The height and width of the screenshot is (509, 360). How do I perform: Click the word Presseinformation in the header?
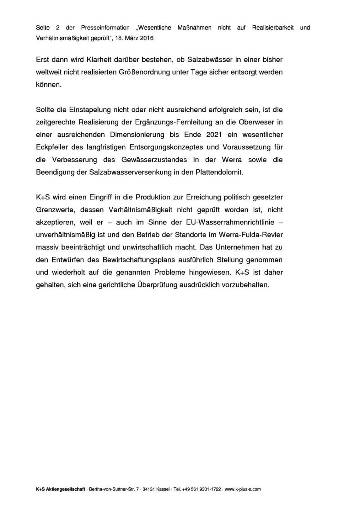(105, 28)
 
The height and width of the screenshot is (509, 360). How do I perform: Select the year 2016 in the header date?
(147, 38)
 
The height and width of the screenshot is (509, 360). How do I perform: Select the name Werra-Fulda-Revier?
(251, 235)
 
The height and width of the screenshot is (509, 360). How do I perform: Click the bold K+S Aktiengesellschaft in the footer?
(60, 489)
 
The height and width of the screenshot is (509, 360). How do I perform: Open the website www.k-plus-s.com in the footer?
(243, 489)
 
